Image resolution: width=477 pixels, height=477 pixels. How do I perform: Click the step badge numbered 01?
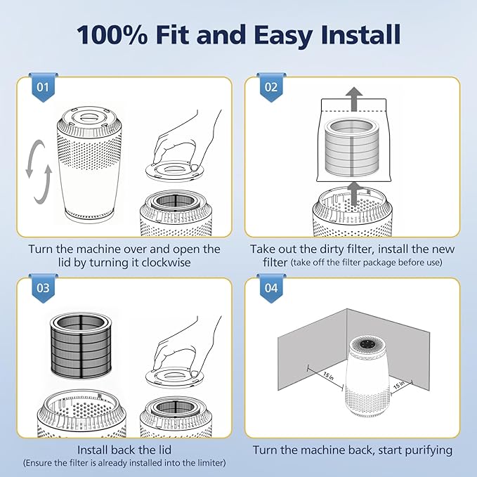(x=43, y=88)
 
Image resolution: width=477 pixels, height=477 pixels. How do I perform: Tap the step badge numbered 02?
(x=271, y=88)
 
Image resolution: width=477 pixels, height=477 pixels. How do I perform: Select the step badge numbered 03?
(x=43, y=288)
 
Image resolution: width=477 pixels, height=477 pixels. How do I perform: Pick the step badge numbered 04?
(x=271, y=288)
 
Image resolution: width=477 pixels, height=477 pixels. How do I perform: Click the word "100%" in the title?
(x=112, y=35)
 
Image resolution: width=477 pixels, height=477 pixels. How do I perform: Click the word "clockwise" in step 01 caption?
(x=166, y=263)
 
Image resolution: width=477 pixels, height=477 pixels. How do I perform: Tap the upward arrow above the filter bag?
(x=354, y=99)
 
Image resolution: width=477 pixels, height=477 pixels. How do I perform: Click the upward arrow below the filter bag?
(x=353, y=194)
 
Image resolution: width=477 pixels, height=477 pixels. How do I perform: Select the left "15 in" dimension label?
(x=329, y=376)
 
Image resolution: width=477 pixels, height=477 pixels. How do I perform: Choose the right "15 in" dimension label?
(x=399, y=385)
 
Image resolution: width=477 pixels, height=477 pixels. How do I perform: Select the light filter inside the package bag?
(x=353, y=148)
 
